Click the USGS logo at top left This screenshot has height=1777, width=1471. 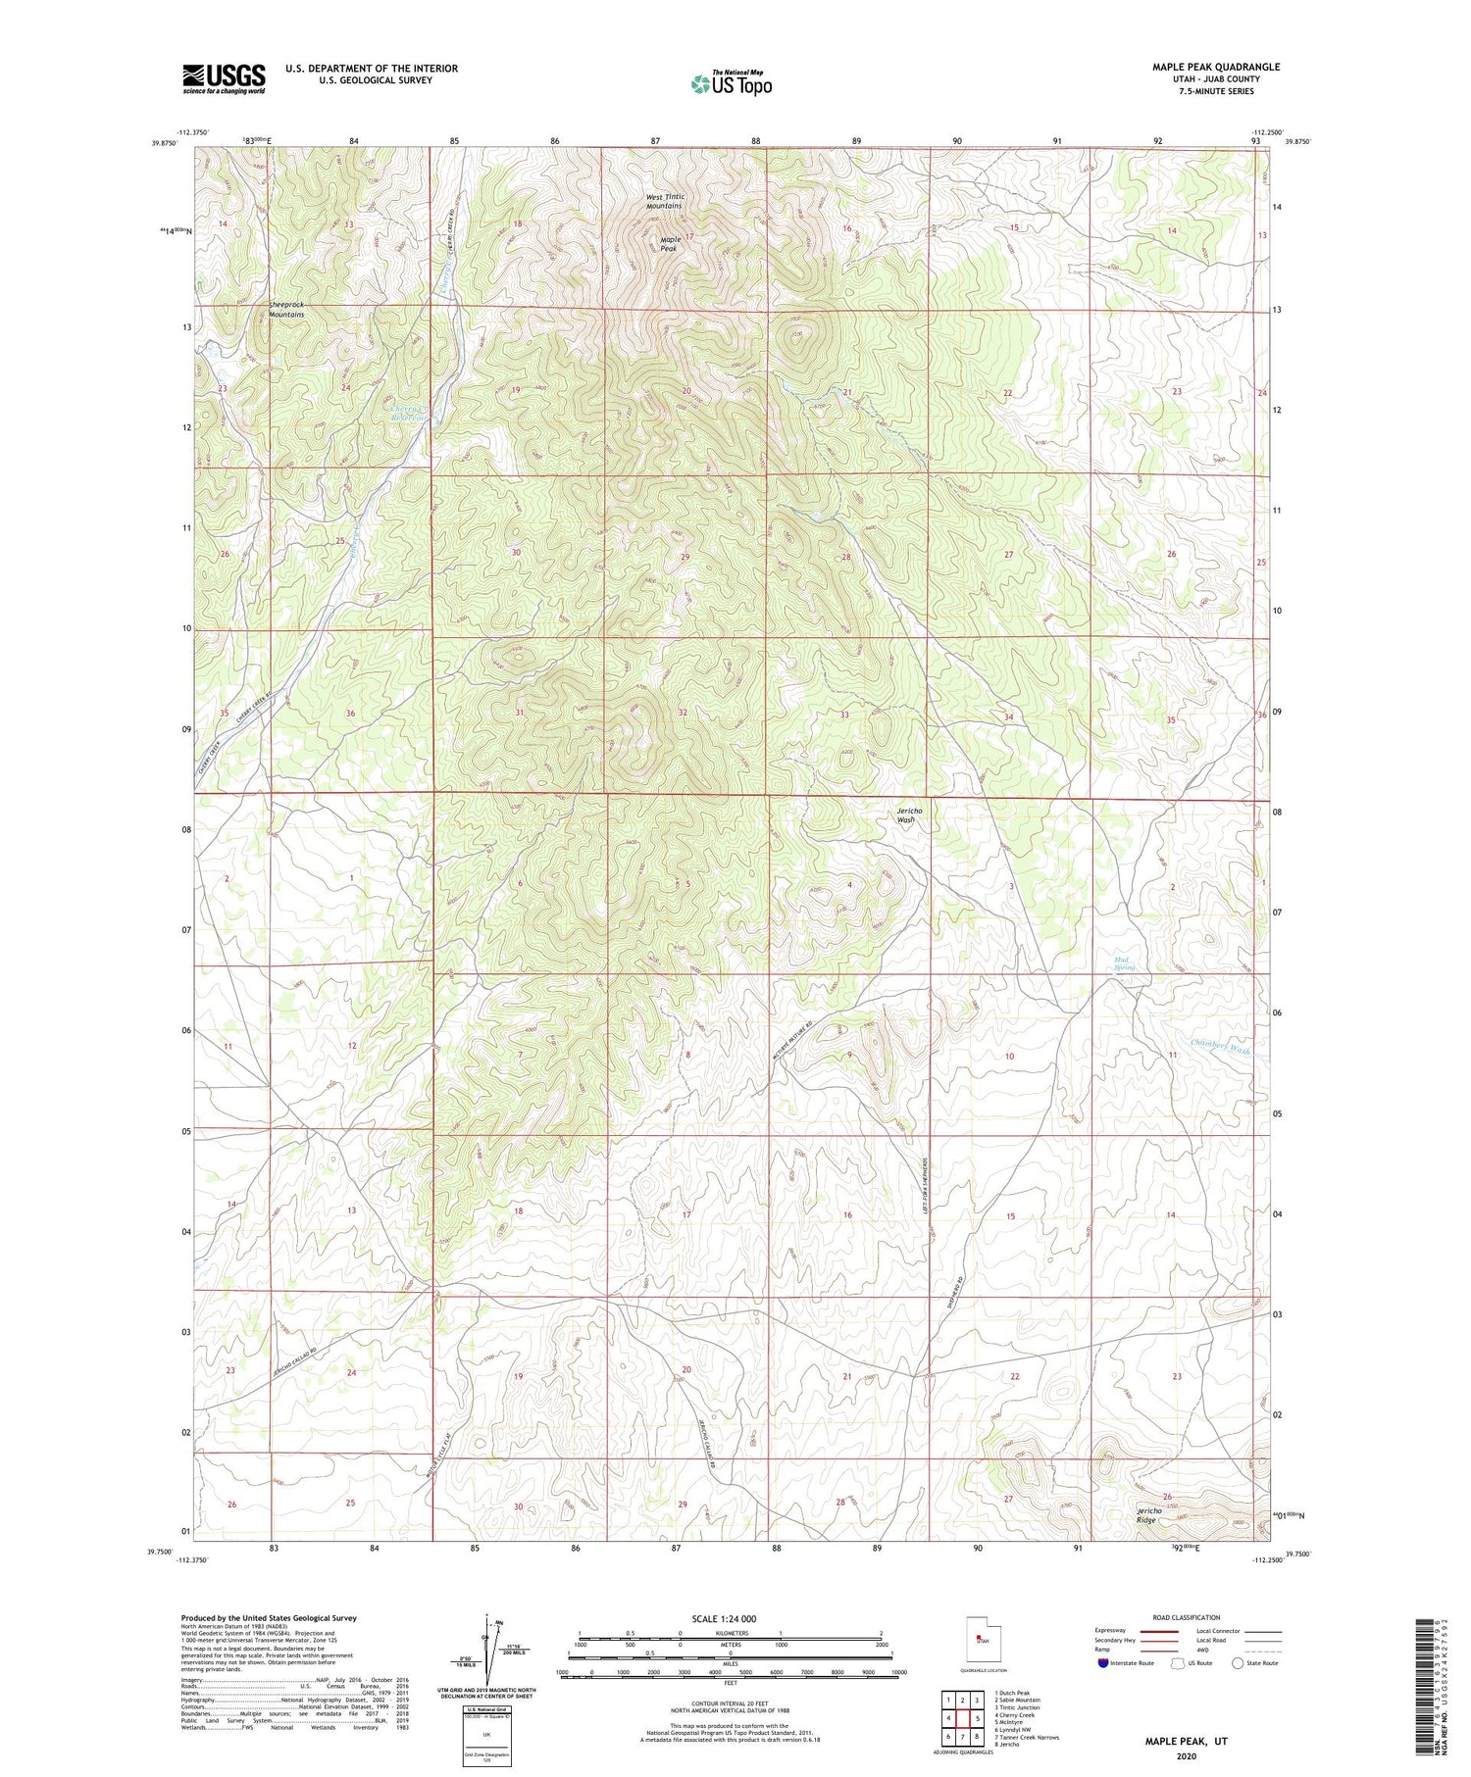[224, 78]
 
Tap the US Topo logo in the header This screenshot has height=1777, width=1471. [732, 84]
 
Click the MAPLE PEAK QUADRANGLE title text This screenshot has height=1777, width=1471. [1215, 67]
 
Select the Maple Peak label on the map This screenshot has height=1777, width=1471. [670, 244]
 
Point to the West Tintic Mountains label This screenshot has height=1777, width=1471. [664, 201]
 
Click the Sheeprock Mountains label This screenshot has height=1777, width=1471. [286, 310]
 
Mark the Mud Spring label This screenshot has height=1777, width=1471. [1124, 963]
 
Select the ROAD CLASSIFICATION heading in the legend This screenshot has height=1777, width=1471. [1187, 1617]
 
